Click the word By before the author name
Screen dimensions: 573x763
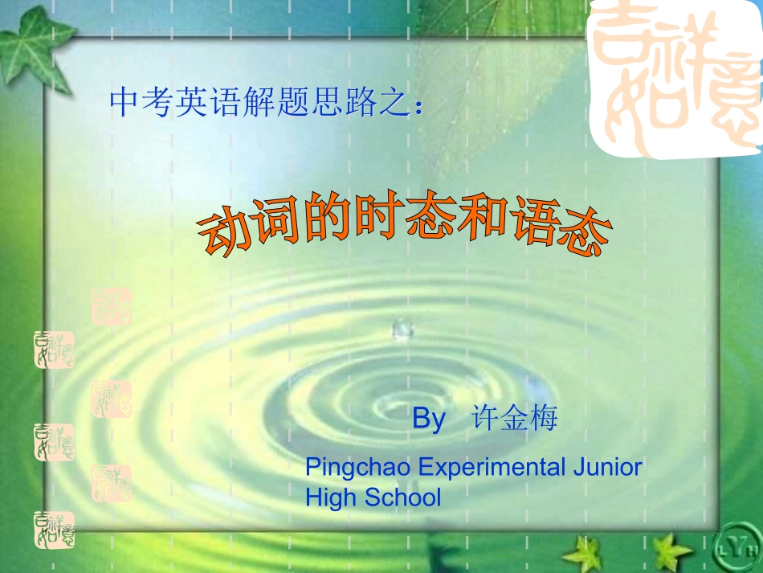click(x=428, y=419)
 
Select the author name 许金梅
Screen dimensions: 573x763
click(x=514, y=419)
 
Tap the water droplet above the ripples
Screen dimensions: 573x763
click(x=401, y=329)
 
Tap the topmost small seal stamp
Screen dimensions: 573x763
click(x=112, y=305)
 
